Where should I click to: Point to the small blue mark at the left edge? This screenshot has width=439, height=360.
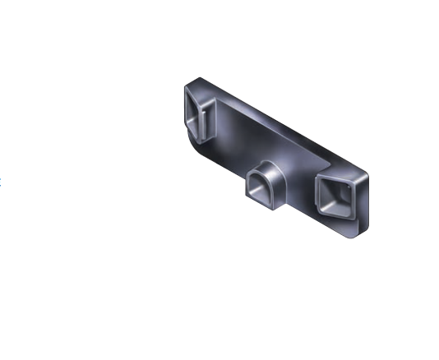point(1,178)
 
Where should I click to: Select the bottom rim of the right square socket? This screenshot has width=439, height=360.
point(333,217)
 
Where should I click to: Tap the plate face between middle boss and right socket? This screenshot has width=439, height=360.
point(298,181)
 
